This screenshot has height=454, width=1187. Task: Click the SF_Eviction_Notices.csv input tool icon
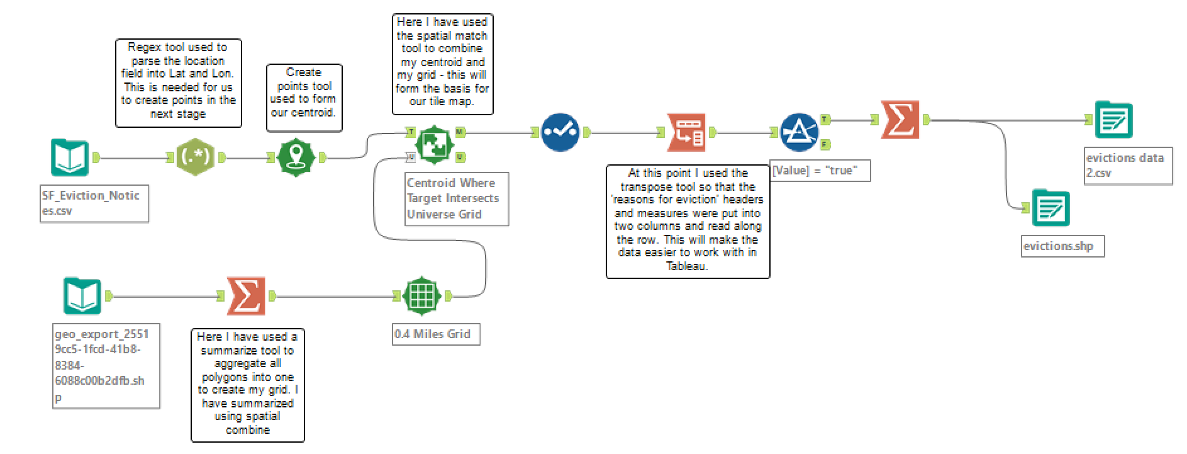(x=70, y=157)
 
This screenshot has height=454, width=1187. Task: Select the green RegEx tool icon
(x=195, y=157)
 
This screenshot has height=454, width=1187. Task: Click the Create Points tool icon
(x=296, y=157)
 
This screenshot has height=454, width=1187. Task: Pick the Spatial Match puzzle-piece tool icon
(x=435, y=144)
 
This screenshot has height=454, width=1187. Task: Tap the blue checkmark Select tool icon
(x=560, y=132)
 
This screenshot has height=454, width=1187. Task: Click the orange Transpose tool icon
(x=686, y=132)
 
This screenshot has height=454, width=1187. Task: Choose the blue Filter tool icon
(x=799, y=132)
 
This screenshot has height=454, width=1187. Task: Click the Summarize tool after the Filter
(x=900, y=120)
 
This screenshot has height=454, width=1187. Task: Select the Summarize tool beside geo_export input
(x=246, y=296)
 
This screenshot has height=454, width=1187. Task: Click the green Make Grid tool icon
(x=421, y=296)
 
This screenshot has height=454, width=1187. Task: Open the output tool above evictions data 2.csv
(x=1113, y=120)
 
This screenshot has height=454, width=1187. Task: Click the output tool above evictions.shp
(x=1050, y=208)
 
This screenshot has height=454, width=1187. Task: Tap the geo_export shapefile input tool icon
(x=82, y=296)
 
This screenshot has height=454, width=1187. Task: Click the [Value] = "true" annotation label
(x=820, y=171)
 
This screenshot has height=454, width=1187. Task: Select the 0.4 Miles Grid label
(x=435, y=334)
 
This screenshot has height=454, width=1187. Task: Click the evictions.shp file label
(x=1062, y=246)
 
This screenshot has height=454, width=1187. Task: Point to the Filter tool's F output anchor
(x=825, y=145)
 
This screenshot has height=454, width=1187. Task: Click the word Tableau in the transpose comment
(x=687, y=266)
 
